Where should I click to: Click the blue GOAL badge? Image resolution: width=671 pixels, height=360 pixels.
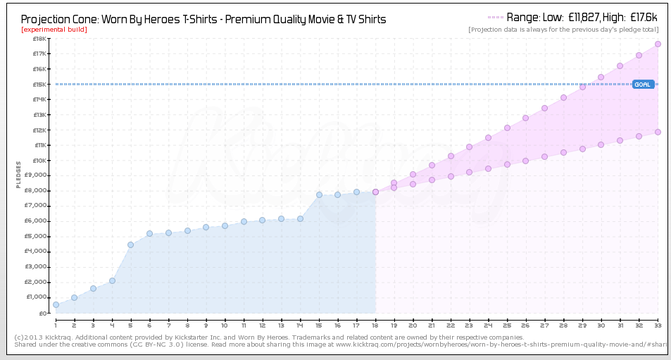pyautogui.click(x=643, y=85)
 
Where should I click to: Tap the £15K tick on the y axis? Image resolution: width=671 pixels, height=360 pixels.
pyautogui.click(x=40, y=85)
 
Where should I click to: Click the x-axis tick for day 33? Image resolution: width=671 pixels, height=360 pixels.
pyautogui.click(x=657, y=325)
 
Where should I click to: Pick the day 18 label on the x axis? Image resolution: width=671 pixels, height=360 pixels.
pyautogui.click(x=375, y=325)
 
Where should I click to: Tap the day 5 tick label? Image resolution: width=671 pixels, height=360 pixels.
pyautogui.click(x=131, y=325)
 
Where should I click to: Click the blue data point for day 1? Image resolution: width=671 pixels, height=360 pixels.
pyautogui.click(x=56, y=305)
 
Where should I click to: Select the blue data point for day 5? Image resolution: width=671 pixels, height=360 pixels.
pyautogui.click(x=131, y=244)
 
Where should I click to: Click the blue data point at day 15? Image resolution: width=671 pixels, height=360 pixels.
pyautogui.click(x=319, y=194)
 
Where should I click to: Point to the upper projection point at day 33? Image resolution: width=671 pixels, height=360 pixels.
pyautogui.click(x=658, y=44)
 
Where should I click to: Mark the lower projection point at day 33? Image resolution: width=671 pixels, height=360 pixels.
pyautogui.click(x=658, y=132)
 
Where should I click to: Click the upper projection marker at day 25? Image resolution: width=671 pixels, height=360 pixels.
pyautogui.click(x=507, y=128)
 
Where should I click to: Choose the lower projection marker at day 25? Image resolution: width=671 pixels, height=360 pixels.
pyautogui.click(x=507, y=164)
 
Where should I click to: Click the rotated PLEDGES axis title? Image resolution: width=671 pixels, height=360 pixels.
pyautogui.click(x=19, y=175)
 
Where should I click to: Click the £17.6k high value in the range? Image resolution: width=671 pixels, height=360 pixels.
pyautogui.click(x=644, y=17)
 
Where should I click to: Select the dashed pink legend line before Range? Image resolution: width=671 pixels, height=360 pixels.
pyautogui.click(x=495, y=17)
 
